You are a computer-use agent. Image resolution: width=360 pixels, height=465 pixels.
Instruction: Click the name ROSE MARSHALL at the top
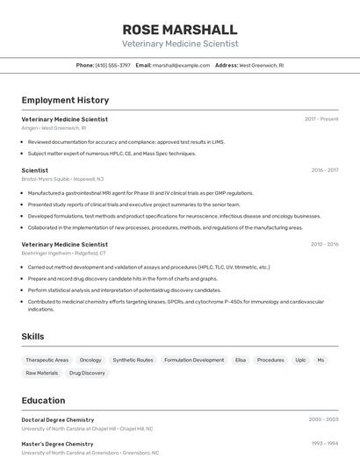tap(180, 29)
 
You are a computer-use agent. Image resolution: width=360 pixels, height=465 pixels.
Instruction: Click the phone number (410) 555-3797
tap(112, 65)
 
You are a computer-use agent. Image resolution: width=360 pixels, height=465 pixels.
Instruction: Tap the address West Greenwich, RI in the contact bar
tap(262, 65)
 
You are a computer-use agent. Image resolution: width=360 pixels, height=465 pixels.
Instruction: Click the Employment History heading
tap(65, 100)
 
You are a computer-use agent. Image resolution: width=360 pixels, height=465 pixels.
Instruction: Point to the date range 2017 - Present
tap(321, 118)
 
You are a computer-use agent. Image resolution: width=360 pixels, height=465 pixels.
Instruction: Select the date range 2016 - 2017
tap(324, 170)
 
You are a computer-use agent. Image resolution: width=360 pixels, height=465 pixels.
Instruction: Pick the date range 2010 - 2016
tap(324, 245)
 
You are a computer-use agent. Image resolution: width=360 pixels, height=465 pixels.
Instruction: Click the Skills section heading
tap(32, 337)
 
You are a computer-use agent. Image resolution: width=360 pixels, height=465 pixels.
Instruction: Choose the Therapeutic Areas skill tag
tap(47, 360)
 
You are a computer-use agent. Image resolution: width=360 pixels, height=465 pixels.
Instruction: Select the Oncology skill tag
tap(90, 360)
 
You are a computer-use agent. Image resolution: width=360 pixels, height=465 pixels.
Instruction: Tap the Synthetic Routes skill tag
tap(133, 360)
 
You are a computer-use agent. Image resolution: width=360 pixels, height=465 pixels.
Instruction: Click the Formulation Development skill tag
tap(194, 360)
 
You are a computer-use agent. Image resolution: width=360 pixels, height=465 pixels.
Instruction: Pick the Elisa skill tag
tap(241, 360)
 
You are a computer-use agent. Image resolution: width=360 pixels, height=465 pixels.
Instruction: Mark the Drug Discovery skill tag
tap(87, 373)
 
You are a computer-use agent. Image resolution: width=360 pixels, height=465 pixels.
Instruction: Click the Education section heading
tap(43, 400)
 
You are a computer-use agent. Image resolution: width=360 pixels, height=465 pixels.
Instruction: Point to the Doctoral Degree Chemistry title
tap(58, 420)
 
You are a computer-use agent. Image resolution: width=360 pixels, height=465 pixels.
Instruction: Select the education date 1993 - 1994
tap(325, 444)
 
